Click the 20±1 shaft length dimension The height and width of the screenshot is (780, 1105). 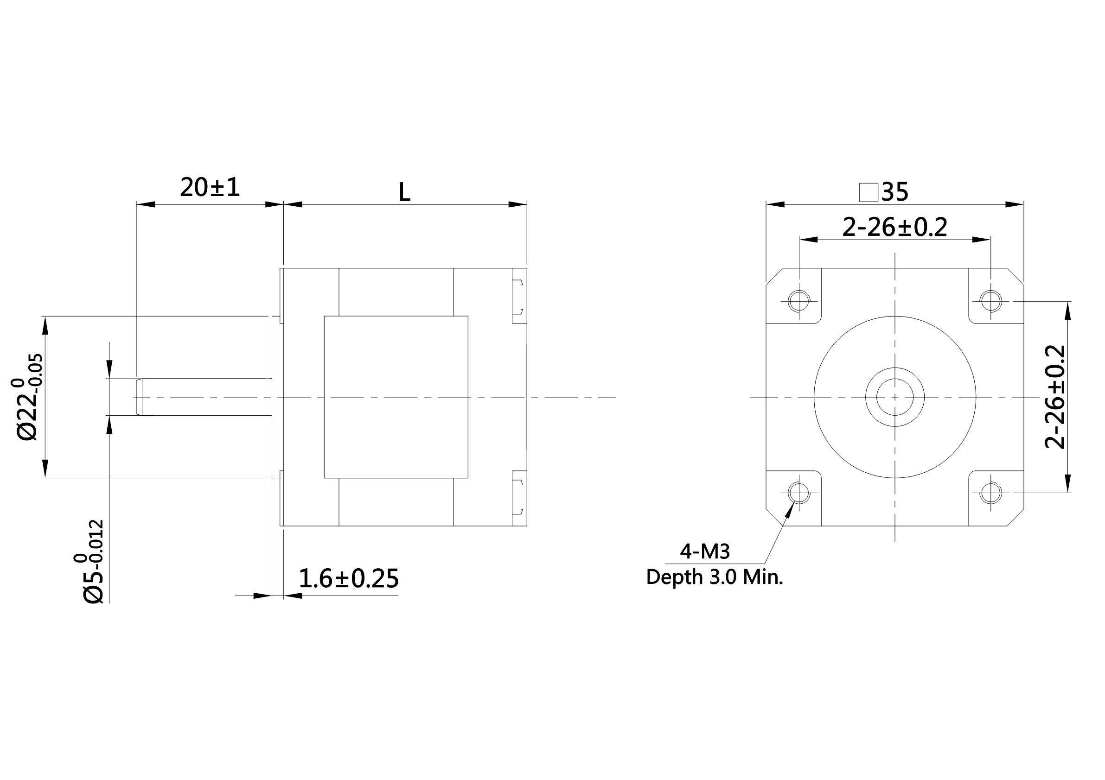click(x=210, y=187)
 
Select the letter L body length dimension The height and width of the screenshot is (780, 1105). click(x=405, y=192)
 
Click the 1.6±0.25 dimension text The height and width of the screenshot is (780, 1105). click(x=348, y=578)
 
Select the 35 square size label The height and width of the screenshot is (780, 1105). click(x=895, y=192)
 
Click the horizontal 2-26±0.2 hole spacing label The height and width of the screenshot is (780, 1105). click(x=894, y=227)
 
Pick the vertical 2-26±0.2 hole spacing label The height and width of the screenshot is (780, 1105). click(x=1055, y=397)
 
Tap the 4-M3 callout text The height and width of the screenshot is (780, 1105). click(x=705, y=552)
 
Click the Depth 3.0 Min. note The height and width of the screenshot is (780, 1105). click(x=715, y=577)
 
